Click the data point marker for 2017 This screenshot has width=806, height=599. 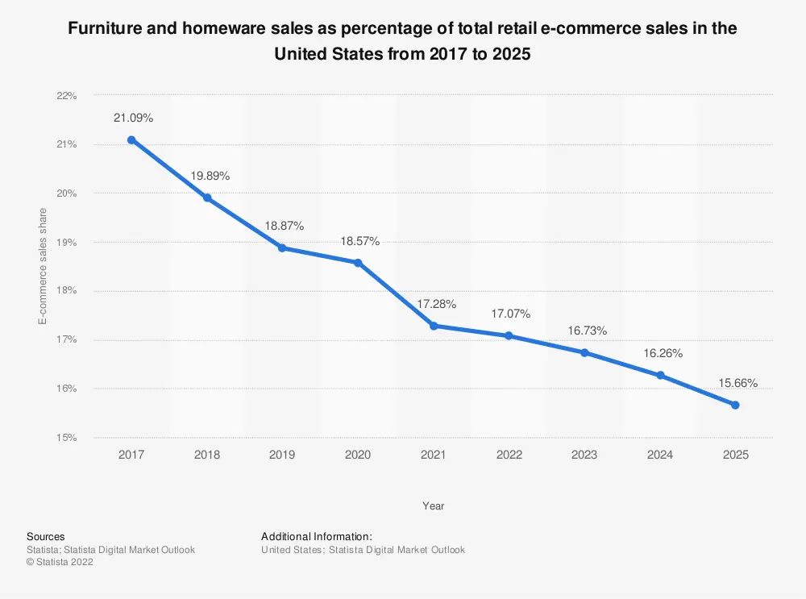pyautogui.click(x=131, y=139)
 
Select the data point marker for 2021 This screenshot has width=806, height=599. pyautogui.click(x=434, y=326)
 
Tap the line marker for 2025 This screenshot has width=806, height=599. pyautogui.click(x=735, y=405)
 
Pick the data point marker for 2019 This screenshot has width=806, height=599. pyautogui.click(x=282, y=248)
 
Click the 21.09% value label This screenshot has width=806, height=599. pyautogui.click(x=133, y=118)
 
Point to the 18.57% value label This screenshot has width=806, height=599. pyautogui.click(x=359, y=241)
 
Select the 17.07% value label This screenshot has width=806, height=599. pyautogui.click(x=509, y=314)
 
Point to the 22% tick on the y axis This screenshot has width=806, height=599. pyautogui.click(x=66, y=96)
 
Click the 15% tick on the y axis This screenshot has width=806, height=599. pyautogui.click(x=66, y=438)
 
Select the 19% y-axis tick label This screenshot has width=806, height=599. pyautogui.click(x=66, y=242)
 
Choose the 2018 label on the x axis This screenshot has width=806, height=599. pyautogui.click(x=207, y=455)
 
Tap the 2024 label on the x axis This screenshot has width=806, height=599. pyautogui.click(x=660, y=455)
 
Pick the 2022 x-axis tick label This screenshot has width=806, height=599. pyautogui.click(x=509, y=455)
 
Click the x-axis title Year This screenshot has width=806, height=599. pyautogui.click(x=433, y=506)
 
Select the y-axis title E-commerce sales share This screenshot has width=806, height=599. pyautogui.click(x=43, y=266)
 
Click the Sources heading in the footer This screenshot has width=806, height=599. pyautogui.click(x=46, y=536)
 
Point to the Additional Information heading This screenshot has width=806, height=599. pyautogui.click(x=317, y=536)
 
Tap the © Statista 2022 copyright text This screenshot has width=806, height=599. pyautogui.click(x=60, y=563)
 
